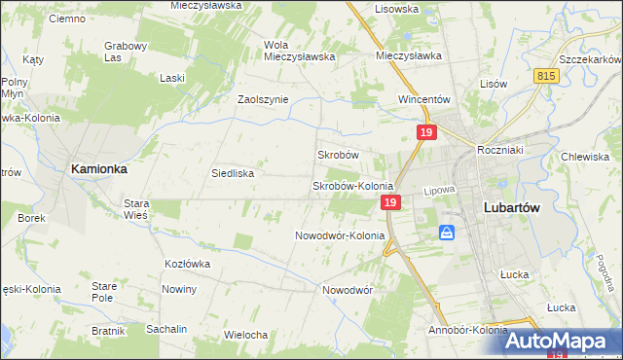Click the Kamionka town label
[x=98, y=168]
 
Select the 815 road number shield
[x=546, y=76]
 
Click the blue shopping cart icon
[x=447, y=233]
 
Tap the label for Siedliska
[x=233, y=174]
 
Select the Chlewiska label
[x=585, y=157]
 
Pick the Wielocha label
[x=245, y=335]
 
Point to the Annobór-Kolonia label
[x=467, y=330]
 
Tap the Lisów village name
[x=494, y=84]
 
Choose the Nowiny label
[x=180, y=289]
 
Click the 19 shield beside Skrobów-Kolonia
[x=389, y=202]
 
